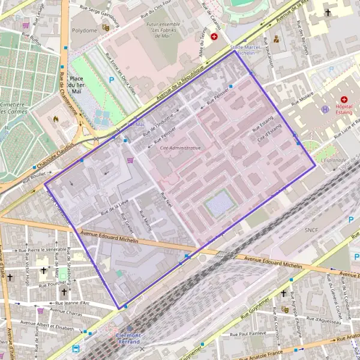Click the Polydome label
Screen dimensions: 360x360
pos(84,30)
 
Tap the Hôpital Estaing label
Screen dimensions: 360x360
pos(344,110)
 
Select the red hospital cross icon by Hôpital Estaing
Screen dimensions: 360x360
pos(344,99)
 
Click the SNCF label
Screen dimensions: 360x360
pos(311,230)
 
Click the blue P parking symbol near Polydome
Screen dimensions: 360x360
pos(111,79)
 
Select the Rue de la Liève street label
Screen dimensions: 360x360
pos(114,207)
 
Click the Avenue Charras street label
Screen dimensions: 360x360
pos(66,311)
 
